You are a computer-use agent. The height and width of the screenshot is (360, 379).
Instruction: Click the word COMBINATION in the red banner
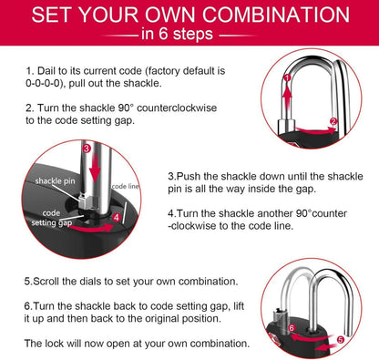click(x=276, y=15)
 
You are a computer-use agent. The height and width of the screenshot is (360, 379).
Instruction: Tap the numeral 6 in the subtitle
click(x=163, y=34)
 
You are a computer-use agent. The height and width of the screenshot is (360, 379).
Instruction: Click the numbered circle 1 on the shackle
click(x=287, y=77)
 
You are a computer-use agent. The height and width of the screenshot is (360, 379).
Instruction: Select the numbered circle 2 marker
click(x=333, y=121)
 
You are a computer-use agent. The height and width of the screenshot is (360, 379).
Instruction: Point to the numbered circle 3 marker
click(x=87, y=149)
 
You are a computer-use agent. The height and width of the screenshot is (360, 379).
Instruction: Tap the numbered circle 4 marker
click(x=117, y=217)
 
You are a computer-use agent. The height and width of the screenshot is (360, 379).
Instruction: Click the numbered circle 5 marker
click(x=341, y=339)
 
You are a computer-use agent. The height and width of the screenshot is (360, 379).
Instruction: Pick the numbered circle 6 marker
click(x=292, y=328)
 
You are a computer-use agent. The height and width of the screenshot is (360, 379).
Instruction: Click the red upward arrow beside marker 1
click(x=287, y=98)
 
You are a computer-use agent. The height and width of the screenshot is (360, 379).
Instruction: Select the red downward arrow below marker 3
click(x=96, y=168)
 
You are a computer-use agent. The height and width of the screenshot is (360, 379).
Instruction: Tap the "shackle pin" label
click(x=55, y=181)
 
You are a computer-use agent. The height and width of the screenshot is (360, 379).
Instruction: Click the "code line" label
click(x=125, y=186)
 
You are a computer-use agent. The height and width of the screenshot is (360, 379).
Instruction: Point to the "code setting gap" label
click(x=52, y=218)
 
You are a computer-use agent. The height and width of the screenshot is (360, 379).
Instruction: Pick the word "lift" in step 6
click(x=239, y=306)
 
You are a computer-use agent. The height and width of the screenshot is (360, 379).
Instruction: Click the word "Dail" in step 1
click(x=46, y=71)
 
